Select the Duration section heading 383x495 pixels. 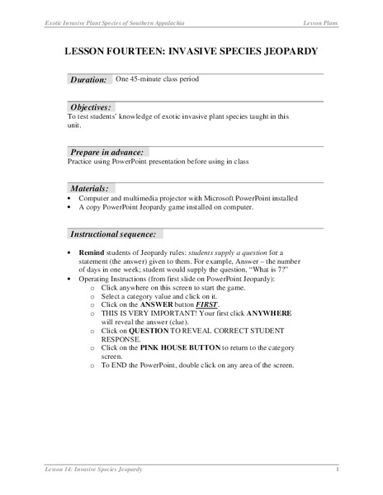pos(88,79)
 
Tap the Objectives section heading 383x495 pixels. pos(90,107)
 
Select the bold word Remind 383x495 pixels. pos(92,251)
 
